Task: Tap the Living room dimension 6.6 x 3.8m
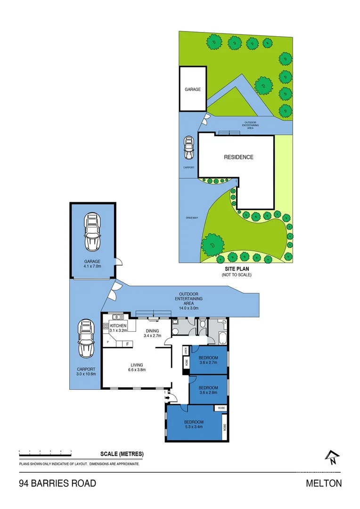[137, 370]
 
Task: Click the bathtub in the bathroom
[222, 338]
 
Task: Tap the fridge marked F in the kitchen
[127, 344]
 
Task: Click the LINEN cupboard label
[186, 350]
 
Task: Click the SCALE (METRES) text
[122, 454]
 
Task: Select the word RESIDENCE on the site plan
[238, 157]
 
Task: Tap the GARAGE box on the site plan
[193, 89]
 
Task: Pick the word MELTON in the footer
[324, 483]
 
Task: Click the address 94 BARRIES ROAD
[57, 483]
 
